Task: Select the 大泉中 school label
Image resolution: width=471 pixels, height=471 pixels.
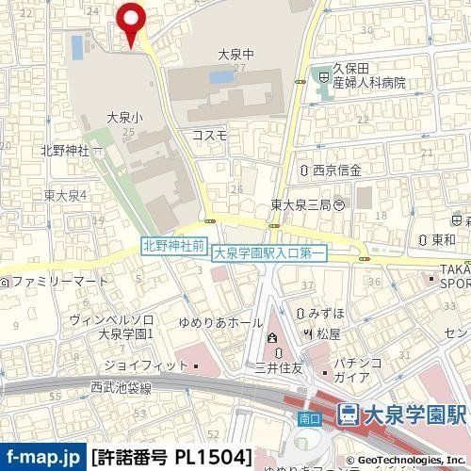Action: tap(231, 55)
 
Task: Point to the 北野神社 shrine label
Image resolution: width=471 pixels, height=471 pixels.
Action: tap(63, 150)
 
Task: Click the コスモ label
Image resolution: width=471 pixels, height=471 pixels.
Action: tap(209, 135)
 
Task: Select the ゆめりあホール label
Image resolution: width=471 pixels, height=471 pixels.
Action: tap(232, 322)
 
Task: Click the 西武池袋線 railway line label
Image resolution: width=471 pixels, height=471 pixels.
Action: tap(122, 386)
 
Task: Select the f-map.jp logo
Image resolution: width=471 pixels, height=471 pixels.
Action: tap(43, 457)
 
